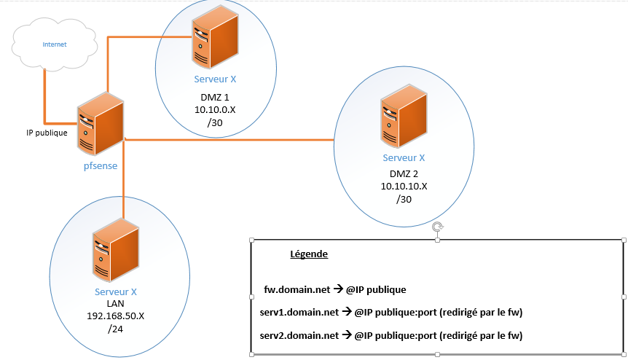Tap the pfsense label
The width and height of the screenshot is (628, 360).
coord(100,165)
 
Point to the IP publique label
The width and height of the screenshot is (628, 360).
coord(47,133)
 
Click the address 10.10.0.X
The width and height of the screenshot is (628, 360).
coord(215,110)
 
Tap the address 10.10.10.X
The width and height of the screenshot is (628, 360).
coord(404,187)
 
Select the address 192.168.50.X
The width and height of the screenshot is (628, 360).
coord(117,317)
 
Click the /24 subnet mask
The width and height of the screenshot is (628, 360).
coord(116,330)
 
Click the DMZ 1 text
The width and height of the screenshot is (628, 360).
coord(215,97)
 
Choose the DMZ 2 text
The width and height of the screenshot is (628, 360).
coord(404,173)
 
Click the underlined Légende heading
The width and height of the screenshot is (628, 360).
coord(309,254)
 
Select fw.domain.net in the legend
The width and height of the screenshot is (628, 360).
coord(297,289)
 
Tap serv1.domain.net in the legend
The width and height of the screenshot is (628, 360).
coord(299,313)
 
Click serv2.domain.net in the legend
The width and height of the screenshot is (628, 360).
coord(299,336)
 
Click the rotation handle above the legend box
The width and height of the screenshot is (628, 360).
coord(437,227)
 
